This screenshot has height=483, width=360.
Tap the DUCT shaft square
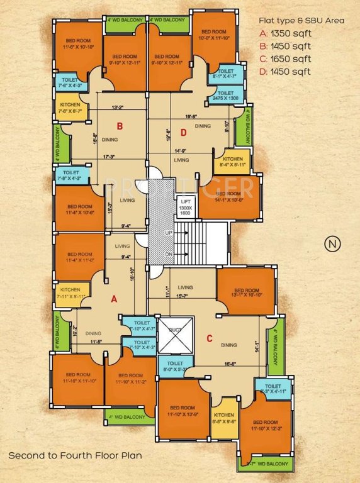(x=171, y=335)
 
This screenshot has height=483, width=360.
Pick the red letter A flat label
(x=114, y=299)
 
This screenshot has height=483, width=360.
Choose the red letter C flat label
(x=209, y=339)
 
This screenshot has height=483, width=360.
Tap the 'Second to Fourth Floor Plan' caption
(x=75, y=455)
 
